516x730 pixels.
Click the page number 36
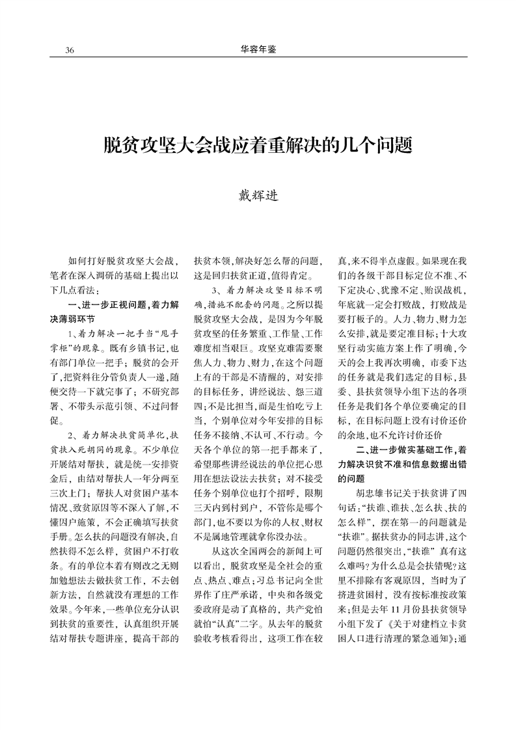(70, 50)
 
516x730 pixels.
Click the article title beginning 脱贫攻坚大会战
(258, 144)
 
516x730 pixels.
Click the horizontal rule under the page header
(258, 57)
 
